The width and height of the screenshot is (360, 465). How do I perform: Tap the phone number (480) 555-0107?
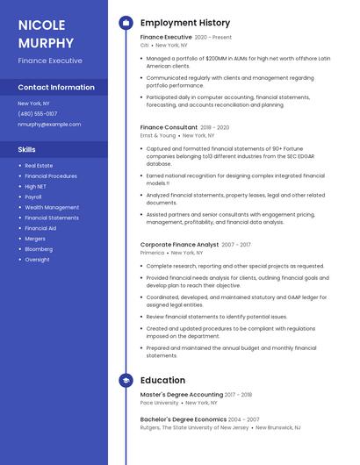[x=38, y=113]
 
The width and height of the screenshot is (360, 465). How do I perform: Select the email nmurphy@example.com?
[x=49, y=125]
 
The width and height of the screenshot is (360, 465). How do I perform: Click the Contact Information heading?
[x=56, y=88]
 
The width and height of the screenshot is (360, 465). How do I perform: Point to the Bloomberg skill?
[x=40, y=249]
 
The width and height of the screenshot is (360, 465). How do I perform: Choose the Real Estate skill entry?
[x=39, y=165]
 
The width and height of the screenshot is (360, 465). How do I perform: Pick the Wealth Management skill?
[x=52, y=207]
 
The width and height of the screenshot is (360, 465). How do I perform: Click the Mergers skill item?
[x=35, y=239]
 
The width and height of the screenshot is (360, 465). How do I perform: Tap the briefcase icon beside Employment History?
[x=126, y=23]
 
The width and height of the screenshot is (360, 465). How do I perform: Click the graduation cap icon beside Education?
[x=126, y=381]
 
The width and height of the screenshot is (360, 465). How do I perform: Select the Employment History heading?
[x=185, y=23]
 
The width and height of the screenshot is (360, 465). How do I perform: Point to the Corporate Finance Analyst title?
[x=179, y=244]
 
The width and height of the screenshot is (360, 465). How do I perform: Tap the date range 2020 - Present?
[x=213, y=38]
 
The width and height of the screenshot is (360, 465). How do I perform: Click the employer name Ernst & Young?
[x=158, y=135]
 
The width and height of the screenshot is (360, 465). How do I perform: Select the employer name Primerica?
[x=152, y=252]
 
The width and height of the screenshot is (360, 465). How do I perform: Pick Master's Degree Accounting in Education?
[x=182, y=395]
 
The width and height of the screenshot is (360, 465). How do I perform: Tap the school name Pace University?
[x=160, y=403]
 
